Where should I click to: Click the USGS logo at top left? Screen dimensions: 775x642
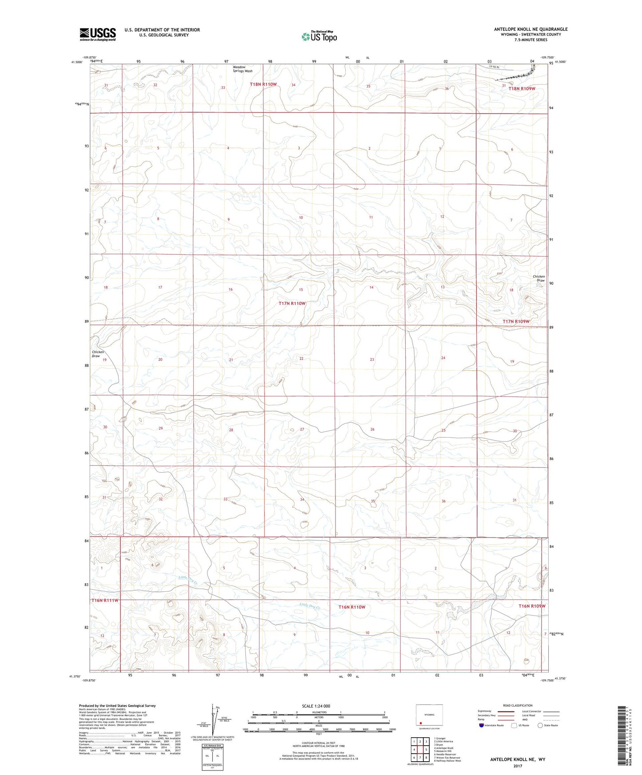coord(98,34)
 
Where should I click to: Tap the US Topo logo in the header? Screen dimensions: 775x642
coord(319,36)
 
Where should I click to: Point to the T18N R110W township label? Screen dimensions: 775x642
coord(263,84)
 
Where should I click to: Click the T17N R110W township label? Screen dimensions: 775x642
coord(292,304)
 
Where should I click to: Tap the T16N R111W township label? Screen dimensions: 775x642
coord(105,601)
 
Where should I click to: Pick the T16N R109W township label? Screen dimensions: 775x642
coord(531,606)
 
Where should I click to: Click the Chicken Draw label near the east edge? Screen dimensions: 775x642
coord(538,278)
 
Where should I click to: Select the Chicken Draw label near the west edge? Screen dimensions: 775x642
coord(98,354)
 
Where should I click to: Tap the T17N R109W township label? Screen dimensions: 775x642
coord(516,321)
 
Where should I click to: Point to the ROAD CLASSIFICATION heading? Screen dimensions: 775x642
coord(518,705)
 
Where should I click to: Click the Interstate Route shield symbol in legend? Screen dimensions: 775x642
coord(482,725)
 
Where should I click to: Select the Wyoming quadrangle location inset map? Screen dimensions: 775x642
coord(429,715)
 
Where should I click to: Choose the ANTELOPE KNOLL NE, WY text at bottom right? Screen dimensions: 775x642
coord(518,759)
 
